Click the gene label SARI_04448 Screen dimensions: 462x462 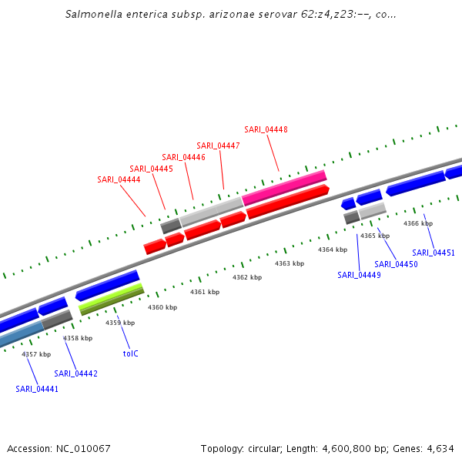tap(266, 129)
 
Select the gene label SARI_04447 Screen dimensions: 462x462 tap(218, 146)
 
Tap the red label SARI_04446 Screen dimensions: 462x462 tap(183, 157)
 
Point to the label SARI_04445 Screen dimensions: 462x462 tap(151, 169)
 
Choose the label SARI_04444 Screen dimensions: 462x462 tap(119, 179)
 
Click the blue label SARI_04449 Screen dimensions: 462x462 tap(359, 275)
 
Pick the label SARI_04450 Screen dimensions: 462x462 tap(396, 264)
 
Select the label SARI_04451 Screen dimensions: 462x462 tap(434, 253)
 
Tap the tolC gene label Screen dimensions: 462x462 tap(130, 353)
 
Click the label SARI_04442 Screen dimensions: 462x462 tap(75, 373)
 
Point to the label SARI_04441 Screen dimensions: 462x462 tap(37, 389)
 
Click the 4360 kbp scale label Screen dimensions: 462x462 tap(162, 307)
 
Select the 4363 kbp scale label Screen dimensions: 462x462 tap(290, 263)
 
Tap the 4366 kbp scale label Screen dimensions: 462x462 tap(418, 223)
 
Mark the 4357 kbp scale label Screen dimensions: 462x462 tap(36, 354)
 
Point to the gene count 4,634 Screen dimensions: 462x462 tap(440, 448)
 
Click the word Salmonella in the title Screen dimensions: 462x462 tap(92, 14)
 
